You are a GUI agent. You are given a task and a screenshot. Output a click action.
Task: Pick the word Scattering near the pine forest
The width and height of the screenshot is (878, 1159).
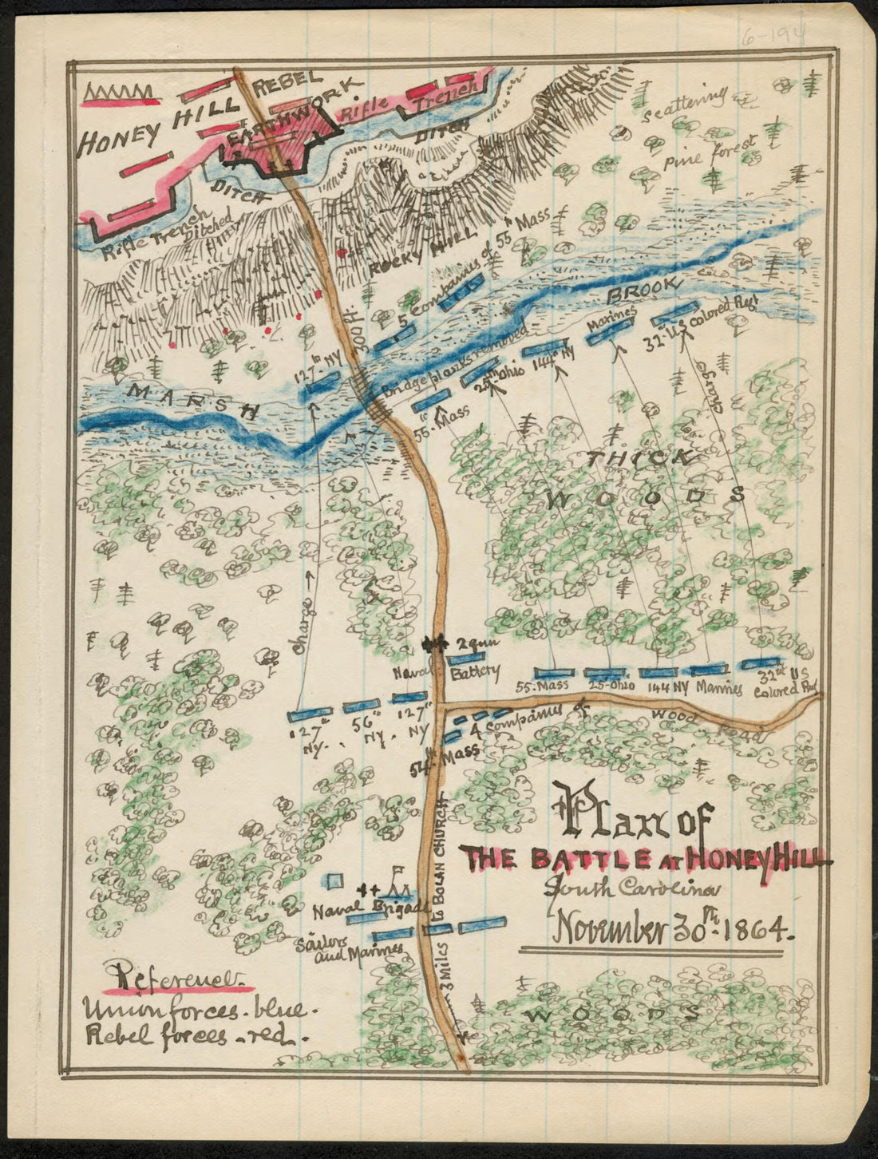tap(685, 104)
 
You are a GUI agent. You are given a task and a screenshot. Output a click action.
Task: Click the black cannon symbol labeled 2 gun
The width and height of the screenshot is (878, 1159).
tap(433, 643)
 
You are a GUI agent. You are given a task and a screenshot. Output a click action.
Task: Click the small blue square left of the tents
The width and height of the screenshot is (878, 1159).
tap(336, 880)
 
